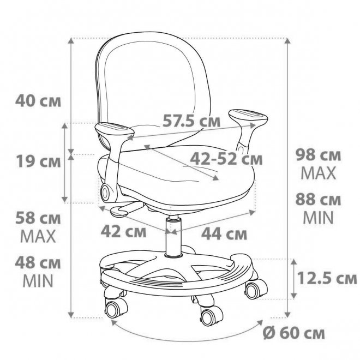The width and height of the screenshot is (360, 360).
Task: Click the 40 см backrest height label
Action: tap(38, 101)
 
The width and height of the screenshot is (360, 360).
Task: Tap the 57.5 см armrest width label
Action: tap(191, 121)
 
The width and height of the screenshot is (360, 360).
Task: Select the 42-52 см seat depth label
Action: tap(226, 158)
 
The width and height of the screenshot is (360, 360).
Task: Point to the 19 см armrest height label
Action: tap(38, 161)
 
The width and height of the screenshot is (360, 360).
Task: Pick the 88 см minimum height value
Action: tap(318, 199)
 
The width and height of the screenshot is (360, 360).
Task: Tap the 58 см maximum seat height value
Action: tap(38, 218)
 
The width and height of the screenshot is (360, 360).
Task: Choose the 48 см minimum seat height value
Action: tap(38, 263)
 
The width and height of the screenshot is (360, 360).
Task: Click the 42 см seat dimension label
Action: tap(123, 231)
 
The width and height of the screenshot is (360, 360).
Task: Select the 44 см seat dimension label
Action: tap(224, 233)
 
